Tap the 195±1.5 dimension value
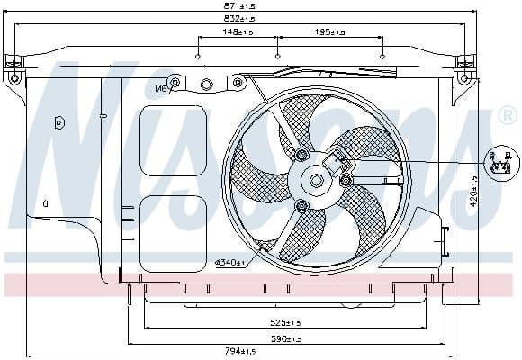click(330, 33)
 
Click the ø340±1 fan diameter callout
click(231, 262)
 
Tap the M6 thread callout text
click(161, 88)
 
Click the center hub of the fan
click(317, 180)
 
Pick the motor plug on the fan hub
click(340, 162)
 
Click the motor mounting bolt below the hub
click(302, 207)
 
